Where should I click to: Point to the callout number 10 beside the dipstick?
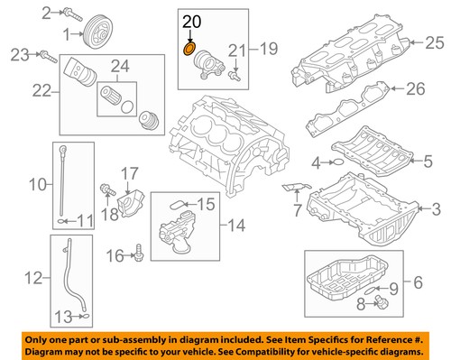tap(37, 186)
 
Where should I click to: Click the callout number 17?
tap(129, 171)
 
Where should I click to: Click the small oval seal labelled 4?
tap(333, 163)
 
